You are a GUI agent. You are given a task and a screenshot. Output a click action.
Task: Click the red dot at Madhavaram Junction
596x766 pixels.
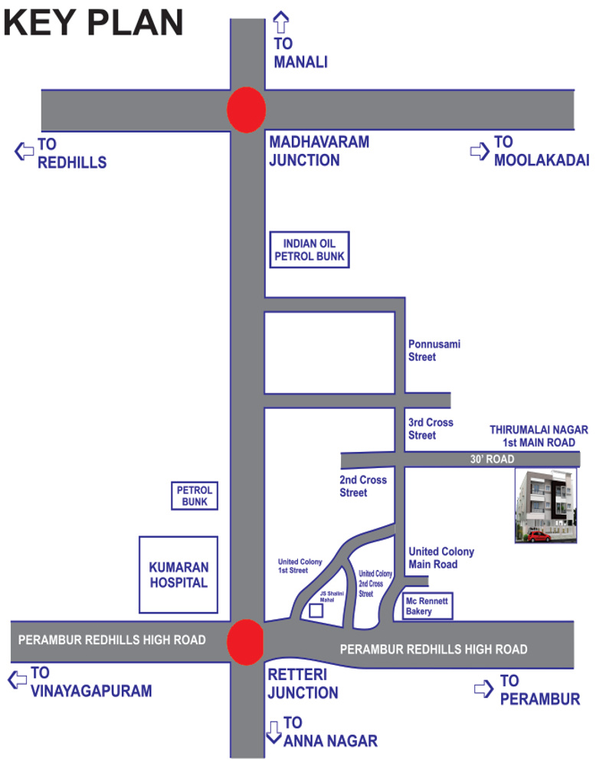coord(247,110)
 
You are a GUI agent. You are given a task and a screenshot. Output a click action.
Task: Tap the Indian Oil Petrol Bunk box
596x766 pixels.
coord(309,250)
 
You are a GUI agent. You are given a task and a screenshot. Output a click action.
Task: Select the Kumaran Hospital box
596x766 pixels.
coord(178,574)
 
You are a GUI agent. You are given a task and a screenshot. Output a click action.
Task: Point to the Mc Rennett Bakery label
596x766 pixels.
coord(429,606)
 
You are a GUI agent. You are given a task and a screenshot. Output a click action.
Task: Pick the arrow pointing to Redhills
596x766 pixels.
coord(24,151)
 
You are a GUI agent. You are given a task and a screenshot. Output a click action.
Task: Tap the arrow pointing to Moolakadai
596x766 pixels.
coord(480,151)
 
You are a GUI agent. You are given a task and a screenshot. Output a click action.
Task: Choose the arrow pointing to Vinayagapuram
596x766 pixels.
coord(17,679)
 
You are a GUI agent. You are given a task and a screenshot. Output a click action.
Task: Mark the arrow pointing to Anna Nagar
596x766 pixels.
coord(274,732)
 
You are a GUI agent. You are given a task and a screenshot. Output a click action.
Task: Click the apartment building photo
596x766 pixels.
coord(546,505)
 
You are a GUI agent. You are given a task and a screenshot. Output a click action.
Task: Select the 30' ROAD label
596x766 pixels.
coord(492,460)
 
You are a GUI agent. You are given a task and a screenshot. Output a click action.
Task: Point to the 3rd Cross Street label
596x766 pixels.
coord(431,429)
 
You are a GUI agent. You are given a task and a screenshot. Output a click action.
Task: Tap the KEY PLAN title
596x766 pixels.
coord(93,23)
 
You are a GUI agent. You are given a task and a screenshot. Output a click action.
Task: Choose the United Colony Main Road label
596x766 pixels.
coord(441,558)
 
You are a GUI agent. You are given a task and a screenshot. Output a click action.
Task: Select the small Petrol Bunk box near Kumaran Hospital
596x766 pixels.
coord(195,496)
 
